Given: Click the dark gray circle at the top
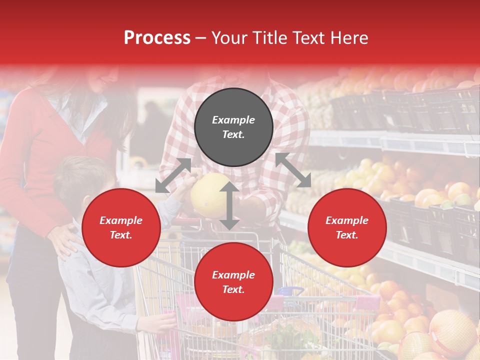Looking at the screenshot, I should point(233,127).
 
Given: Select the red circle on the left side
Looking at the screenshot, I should point(121,227).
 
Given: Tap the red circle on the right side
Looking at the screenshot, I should point(347,227).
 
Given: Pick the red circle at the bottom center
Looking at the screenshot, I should point(233,282).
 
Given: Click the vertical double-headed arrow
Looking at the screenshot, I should point(229,205).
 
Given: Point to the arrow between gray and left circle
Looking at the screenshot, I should point(173,175).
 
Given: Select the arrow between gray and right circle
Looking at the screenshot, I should point(293,170).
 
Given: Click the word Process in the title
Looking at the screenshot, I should point(157,38).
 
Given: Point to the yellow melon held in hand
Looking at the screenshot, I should point(210,195).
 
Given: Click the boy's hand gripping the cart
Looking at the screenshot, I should point(165,320).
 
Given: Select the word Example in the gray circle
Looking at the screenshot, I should point(233,120).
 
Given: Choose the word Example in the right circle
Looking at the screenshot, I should point(347,220).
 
